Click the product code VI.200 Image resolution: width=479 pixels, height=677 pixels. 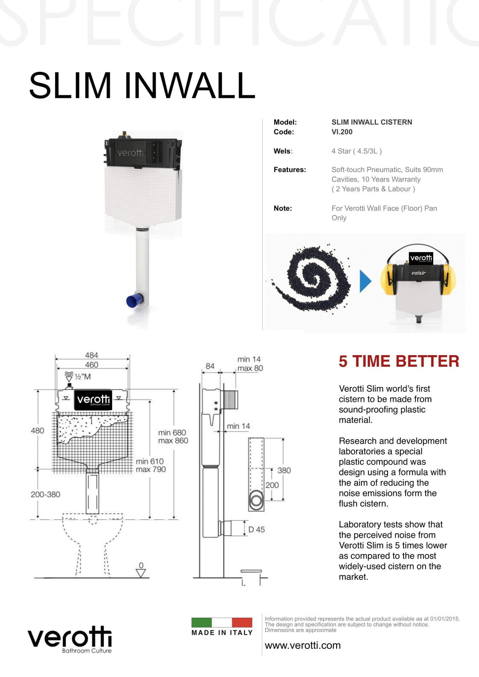(342, 132)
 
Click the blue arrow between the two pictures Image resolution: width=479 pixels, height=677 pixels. (365, 281)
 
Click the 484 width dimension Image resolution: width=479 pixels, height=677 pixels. (91, 355)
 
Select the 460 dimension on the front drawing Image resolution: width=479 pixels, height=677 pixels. (91, 364)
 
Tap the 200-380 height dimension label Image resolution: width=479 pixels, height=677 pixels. (45, 494)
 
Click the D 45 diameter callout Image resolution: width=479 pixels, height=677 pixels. (257, 529)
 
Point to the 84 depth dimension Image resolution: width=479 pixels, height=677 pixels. (210, 366)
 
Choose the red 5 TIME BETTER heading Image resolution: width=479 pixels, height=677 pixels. (399, 361)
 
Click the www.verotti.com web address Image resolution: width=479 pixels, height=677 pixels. (303, 645)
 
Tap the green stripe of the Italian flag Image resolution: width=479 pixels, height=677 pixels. (202, 622)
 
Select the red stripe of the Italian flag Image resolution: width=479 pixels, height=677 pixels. (242, 622)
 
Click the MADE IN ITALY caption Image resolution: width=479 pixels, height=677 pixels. (222, 633)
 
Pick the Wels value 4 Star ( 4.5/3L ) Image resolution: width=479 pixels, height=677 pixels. (356, 151)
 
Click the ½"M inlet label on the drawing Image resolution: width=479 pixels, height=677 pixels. (83, 377)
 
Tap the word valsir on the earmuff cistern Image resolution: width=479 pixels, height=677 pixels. (418, 273)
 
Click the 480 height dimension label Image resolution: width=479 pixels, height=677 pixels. (37, 431)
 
